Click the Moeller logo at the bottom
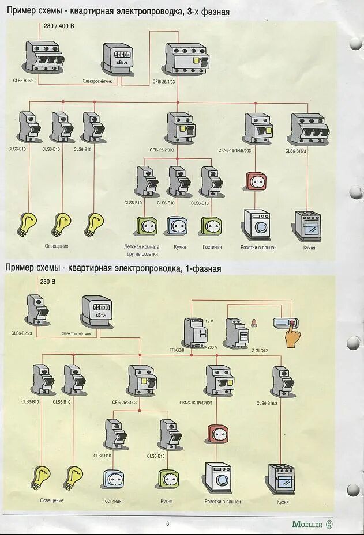coord(312,523)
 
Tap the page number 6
coord(168,523)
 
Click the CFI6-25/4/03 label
coord(168,81)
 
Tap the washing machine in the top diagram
coord(256,225)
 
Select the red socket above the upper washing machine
coord(255,181)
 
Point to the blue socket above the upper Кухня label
coord(177,225)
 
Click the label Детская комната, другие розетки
coord(141,249)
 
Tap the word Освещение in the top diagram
coord(57,246)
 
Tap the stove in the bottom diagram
coord(282,479)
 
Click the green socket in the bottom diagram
coord(168,479)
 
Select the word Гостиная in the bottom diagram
coord(112,501)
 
